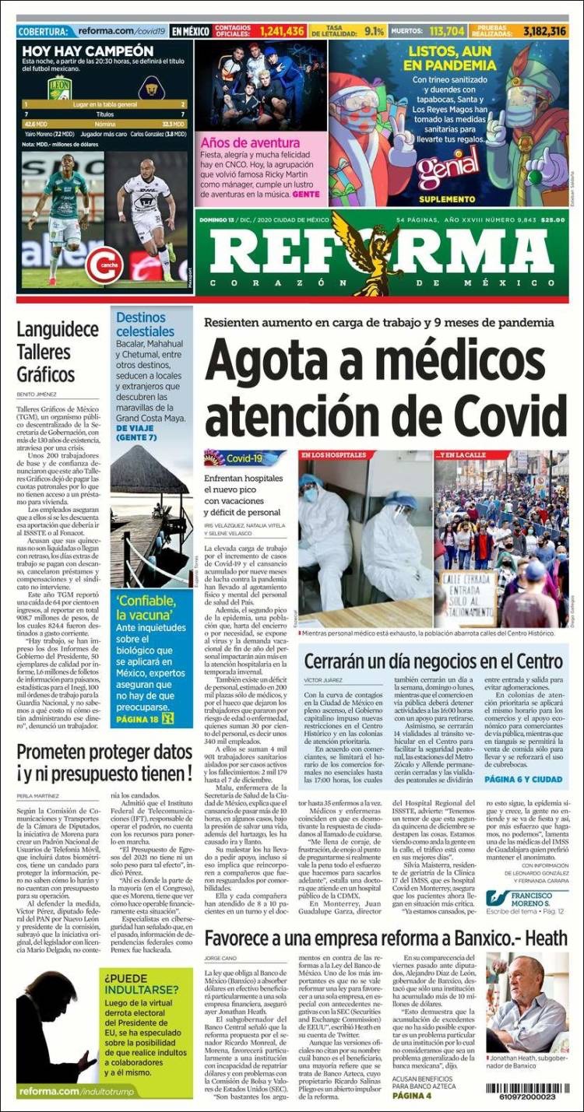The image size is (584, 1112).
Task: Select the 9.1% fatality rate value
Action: (x=374, y=31)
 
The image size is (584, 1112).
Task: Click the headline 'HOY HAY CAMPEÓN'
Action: (x=87, y=51)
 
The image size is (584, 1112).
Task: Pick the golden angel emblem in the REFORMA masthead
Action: (x=381, y=253)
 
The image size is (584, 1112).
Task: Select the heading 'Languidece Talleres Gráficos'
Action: (x=47, y=352)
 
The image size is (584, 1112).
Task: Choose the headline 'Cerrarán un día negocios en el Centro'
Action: (x=433, y=661)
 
